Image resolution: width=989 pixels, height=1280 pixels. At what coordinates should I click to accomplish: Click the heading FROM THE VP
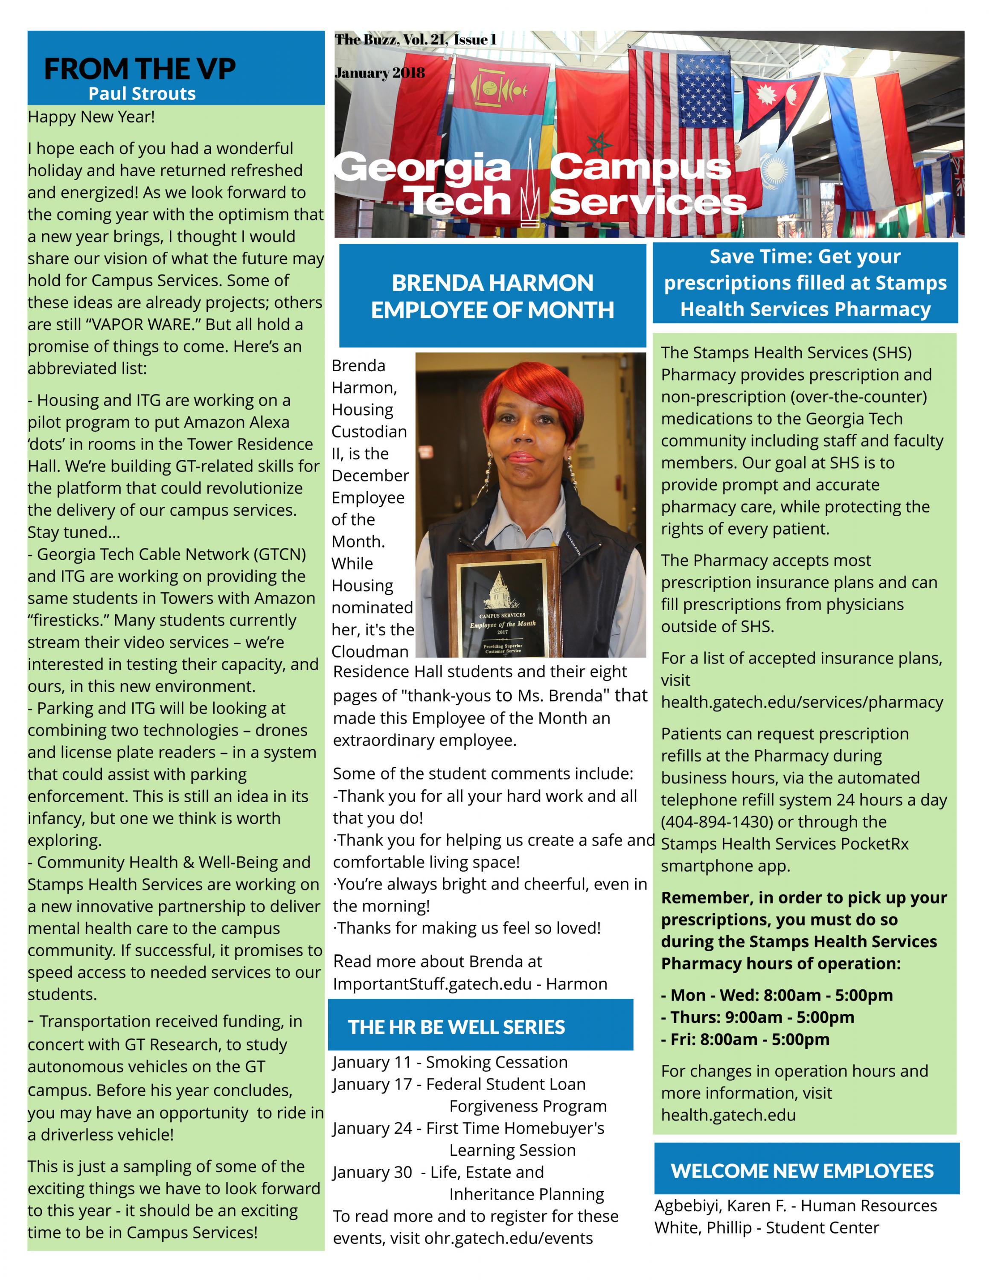click(140, 69)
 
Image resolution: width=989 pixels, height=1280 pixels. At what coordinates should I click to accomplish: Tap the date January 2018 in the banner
click(380, 73)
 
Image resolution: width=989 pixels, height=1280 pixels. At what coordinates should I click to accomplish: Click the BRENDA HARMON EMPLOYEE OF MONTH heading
click(492, 297)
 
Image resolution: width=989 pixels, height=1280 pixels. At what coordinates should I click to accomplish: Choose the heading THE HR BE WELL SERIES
click(457, 1027)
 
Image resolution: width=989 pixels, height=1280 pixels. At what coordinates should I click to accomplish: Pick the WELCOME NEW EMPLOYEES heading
click(802, 1171)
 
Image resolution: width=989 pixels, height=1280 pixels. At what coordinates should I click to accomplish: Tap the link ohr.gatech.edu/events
click(508, 1238)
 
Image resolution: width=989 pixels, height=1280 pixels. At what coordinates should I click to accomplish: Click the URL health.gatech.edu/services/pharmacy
click(802, 702)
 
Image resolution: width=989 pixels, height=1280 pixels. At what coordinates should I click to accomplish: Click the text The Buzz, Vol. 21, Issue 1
click(416, 40)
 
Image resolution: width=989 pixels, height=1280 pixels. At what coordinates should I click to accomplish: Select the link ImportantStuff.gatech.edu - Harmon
click(470, 984)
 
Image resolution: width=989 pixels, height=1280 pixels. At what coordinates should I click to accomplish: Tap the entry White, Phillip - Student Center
click(766, 1228)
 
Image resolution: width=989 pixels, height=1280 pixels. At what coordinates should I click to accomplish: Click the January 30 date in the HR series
click(372, 1172)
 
